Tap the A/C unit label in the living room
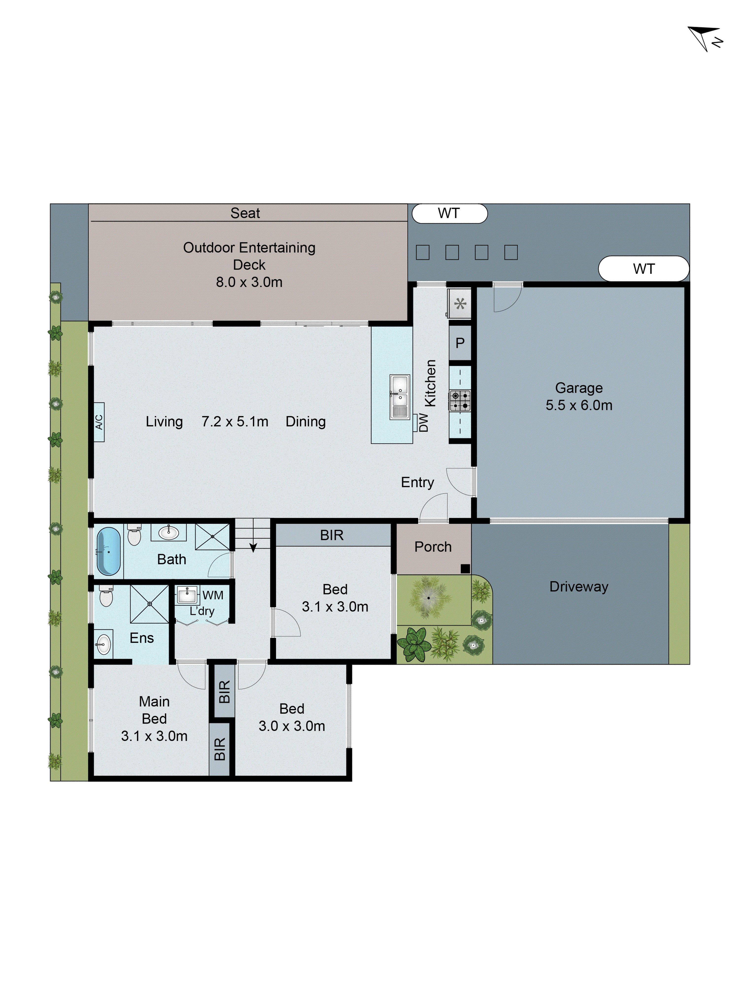99,422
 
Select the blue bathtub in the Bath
108,551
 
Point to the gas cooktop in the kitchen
460,400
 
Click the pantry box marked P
460,343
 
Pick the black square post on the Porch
465,568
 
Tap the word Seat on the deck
245,213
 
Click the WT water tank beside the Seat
449,213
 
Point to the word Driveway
579,587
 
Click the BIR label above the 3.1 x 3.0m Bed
332,535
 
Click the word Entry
417,482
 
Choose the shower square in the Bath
213,537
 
